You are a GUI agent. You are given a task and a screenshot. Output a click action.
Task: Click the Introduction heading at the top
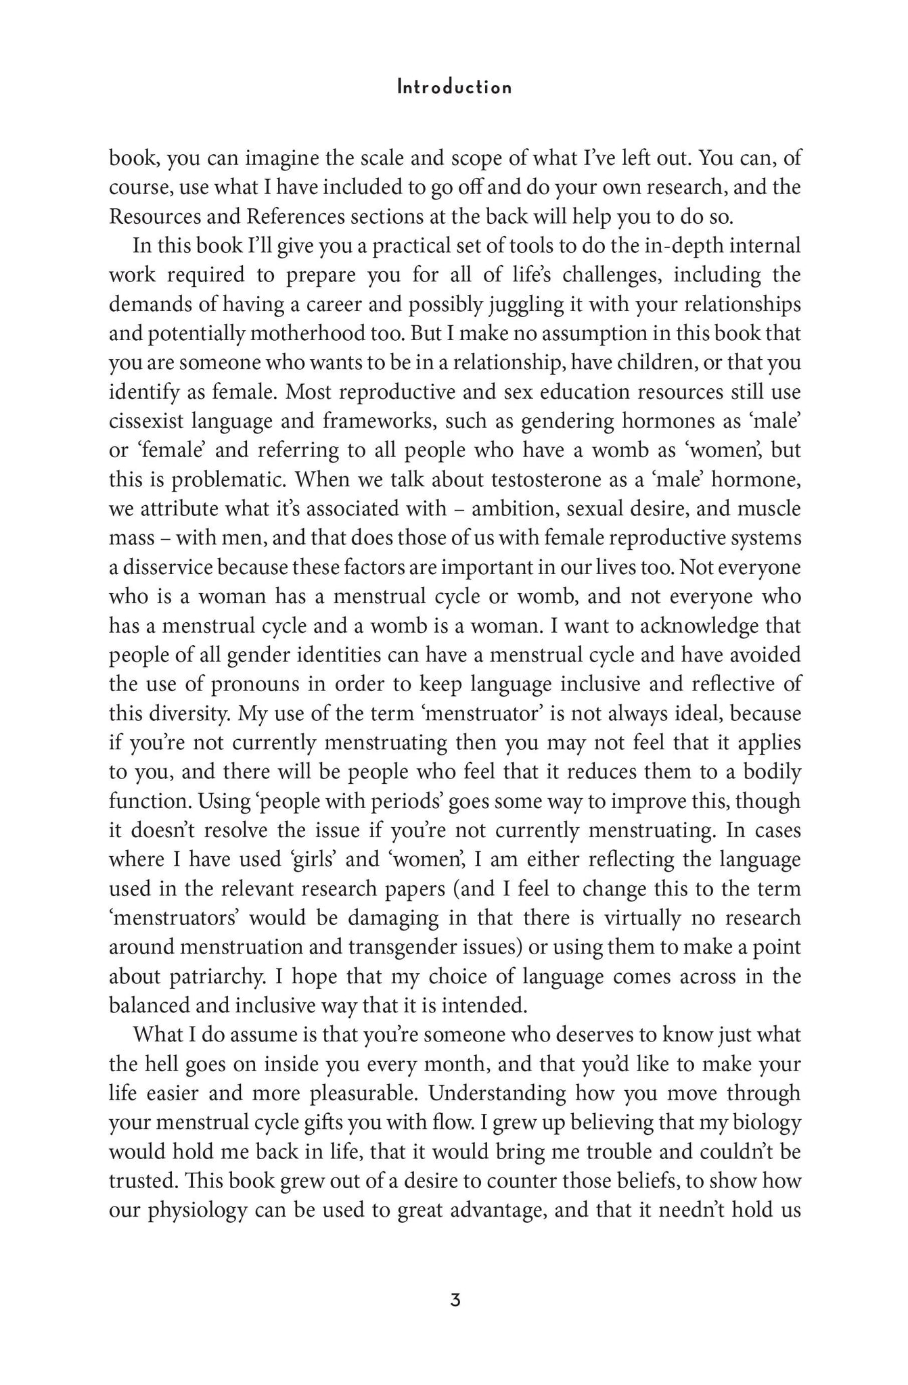point(454,87)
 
